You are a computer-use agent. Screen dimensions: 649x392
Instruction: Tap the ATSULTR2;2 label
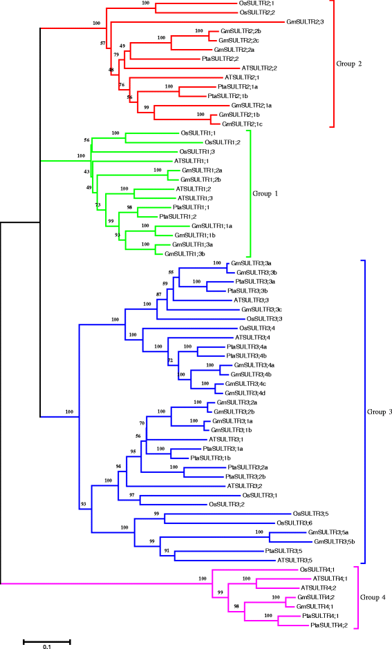pos(259,68)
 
